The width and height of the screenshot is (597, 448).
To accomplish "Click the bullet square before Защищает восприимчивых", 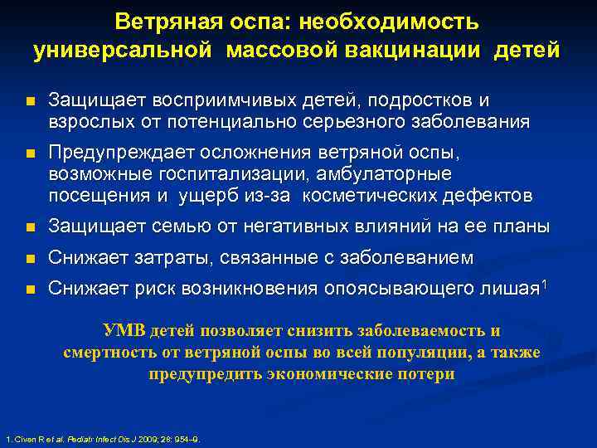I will [x=29, y=102].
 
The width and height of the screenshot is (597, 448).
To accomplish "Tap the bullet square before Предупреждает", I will [x=29, y=154].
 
